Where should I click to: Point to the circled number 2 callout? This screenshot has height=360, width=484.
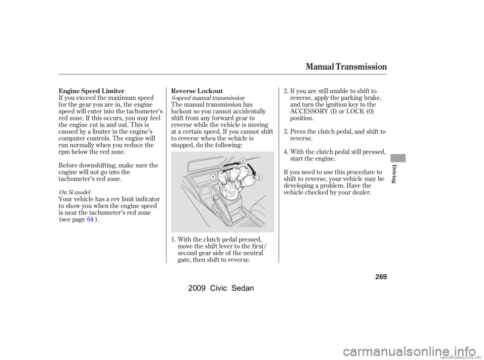point(241,160)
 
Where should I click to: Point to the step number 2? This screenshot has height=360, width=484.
point(285,91)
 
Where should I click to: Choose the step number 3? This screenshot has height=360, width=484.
point(285,131)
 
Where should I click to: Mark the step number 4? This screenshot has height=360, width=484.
point(285,151)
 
